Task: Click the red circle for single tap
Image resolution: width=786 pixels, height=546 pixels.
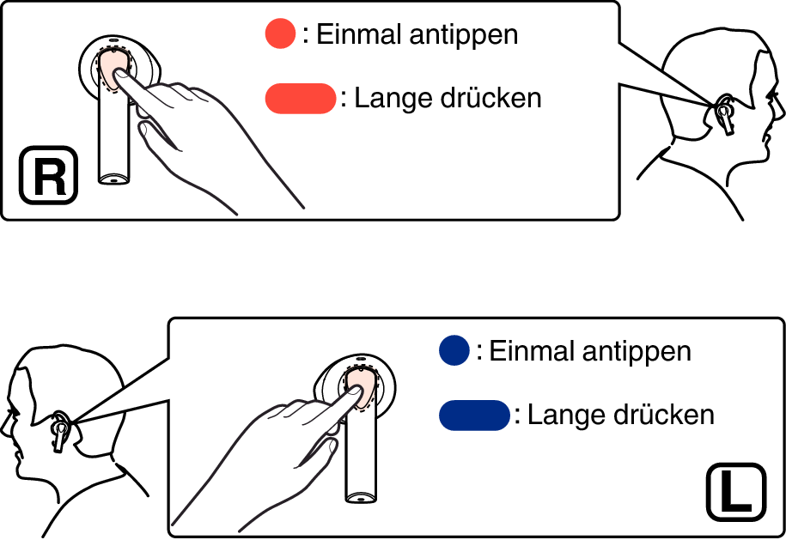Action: point(280,33)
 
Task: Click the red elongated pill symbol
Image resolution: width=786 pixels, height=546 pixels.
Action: point(301,98)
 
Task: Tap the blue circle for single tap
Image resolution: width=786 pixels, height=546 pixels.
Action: point(454,349)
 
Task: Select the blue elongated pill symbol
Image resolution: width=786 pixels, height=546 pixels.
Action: point(474,415)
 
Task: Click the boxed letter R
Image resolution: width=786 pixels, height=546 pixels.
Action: point(49,175)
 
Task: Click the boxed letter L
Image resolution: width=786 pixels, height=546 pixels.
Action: point(736,493)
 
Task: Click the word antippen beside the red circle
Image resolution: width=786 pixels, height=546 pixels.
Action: point(464,36)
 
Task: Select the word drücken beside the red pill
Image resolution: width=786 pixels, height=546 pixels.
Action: point(491,98)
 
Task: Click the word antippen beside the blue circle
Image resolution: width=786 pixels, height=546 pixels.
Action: point(637,352)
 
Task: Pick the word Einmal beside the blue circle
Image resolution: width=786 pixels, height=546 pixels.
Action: point(532,350)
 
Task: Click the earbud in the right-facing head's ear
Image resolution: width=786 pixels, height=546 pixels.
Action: point(724,114)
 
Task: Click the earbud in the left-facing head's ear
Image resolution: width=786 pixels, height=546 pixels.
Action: point(60,432)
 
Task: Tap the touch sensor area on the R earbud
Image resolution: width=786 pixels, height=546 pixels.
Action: point(114,70)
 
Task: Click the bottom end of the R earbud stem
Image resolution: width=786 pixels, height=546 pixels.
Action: point(113,179)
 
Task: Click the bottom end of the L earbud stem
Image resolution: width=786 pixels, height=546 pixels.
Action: point(361,497)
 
